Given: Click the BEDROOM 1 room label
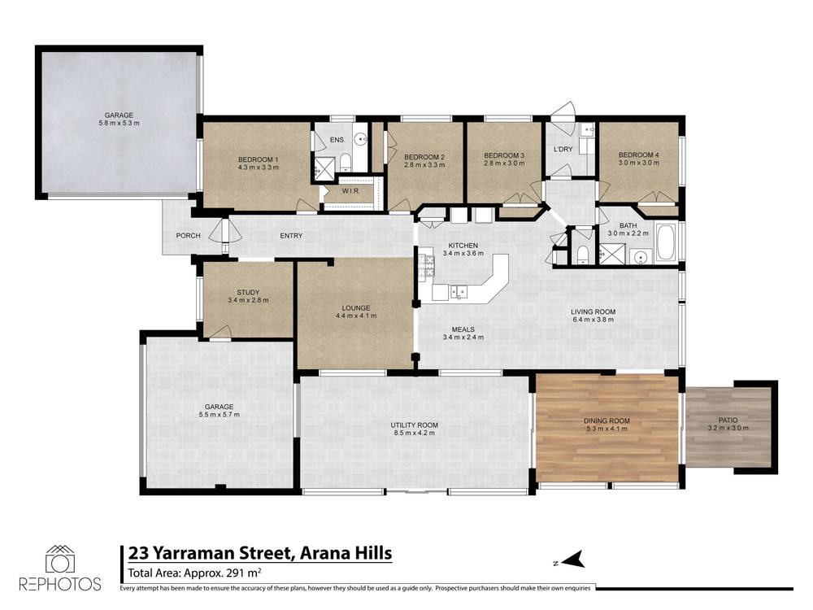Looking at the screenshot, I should [258, 159].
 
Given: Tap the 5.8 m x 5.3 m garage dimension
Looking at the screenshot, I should [120, 124].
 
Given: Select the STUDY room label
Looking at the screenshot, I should [248, 292].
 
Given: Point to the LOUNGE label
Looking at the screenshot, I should [356, 307].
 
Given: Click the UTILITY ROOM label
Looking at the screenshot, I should [415, 425].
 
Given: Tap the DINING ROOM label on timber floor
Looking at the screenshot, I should [606, 420].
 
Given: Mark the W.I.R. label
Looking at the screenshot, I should [351, 191].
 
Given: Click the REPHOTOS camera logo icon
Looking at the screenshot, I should [59, 560].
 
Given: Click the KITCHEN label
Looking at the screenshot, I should [459, 245].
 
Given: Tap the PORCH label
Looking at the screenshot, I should [188, 236].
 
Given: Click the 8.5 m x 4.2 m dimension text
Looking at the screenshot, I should [415, 434].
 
